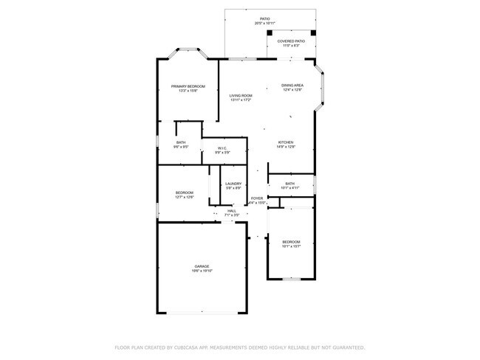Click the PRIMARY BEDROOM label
188,86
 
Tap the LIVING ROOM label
241,95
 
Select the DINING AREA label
292,86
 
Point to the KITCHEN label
286,142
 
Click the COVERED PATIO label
291,41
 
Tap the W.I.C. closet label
222,148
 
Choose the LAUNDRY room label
233,184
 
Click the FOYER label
257,198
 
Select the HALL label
232,211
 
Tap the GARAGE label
202,266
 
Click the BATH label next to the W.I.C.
181,142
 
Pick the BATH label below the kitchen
289,184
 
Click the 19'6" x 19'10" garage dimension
202,271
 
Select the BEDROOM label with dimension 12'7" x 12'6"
185,193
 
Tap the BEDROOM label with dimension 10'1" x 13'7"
291,241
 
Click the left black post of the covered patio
270,32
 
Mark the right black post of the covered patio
313,32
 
